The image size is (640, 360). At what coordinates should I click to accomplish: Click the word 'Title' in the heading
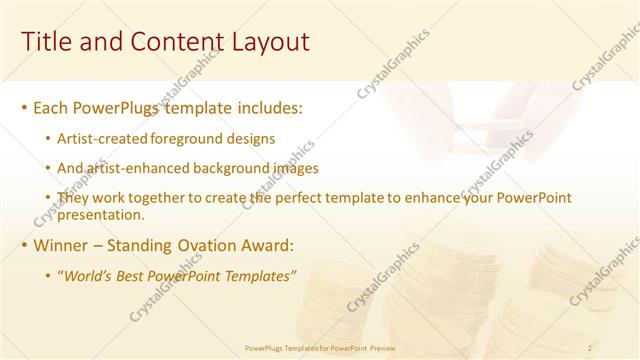tap(45, 41)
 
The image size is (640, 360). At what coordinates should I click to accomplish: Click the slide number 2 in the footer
tap(591, 348)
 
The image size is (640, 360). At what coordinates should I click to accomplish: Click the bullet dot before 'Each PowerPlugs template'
tap(24, 108)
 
